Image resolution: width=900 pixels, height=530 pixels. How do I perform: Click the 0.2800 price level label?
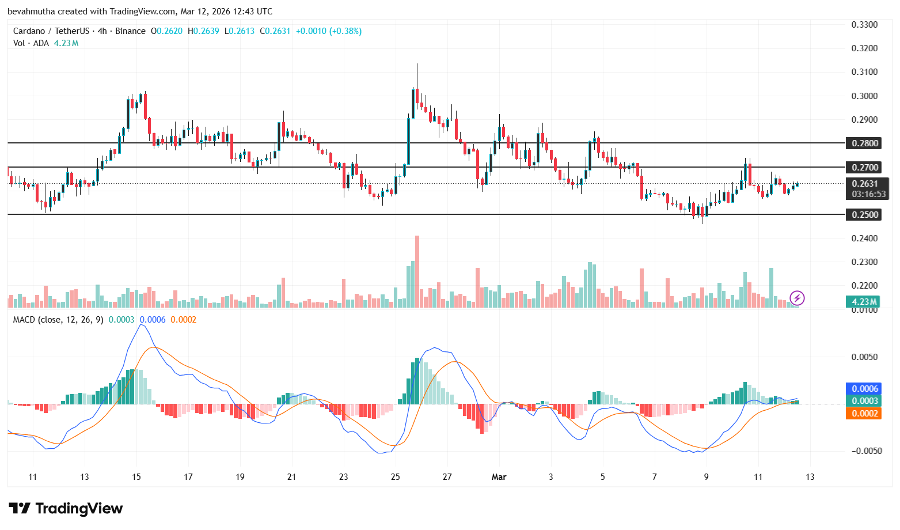(x=865, y=143)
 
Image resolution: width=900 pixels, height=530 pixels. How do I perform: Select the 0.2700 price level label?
(x=865, y=167)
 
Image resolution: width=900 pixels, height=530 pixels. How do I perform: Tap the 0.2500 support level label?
(x=865, y=214)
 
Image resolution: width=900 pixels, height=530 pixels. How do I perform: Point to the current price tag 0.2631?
(x=865, y=184)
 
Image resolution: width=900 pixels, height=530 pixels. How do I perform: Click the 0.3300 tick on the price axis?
(x=864, y=24)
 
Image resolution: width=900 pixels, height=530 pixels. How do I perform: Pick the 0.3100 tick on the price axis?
(x=864, y=72)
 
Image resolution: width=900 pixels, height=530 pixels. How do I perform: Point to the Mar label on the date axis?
(x=499, y=477)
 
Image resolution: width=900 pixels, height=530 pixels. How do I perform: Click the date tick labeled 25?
(x=395, y=477)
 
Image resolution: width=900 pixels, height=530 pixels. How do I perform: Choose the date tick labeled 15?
(x=136, y=477)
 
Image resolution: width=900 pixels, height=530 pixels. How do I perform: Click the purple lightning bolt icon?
(x=797, y=298)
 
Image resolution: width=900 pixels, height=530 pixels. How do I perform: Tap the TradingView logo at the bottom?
(x=66, y=509)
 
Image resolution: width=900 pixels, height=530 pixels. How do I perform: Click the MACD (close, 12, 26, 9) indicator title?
(x=58, y=320)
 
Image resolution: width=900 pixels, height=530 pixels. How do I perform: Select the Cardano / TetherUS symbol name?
(x=51, y=31)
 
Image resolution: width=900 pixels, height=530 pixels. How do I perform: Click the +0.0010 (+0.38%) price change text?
(x=328, y=31)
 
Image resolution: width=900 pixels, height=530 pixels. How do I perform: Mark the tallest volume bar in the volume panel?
(x=417, y=271)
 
